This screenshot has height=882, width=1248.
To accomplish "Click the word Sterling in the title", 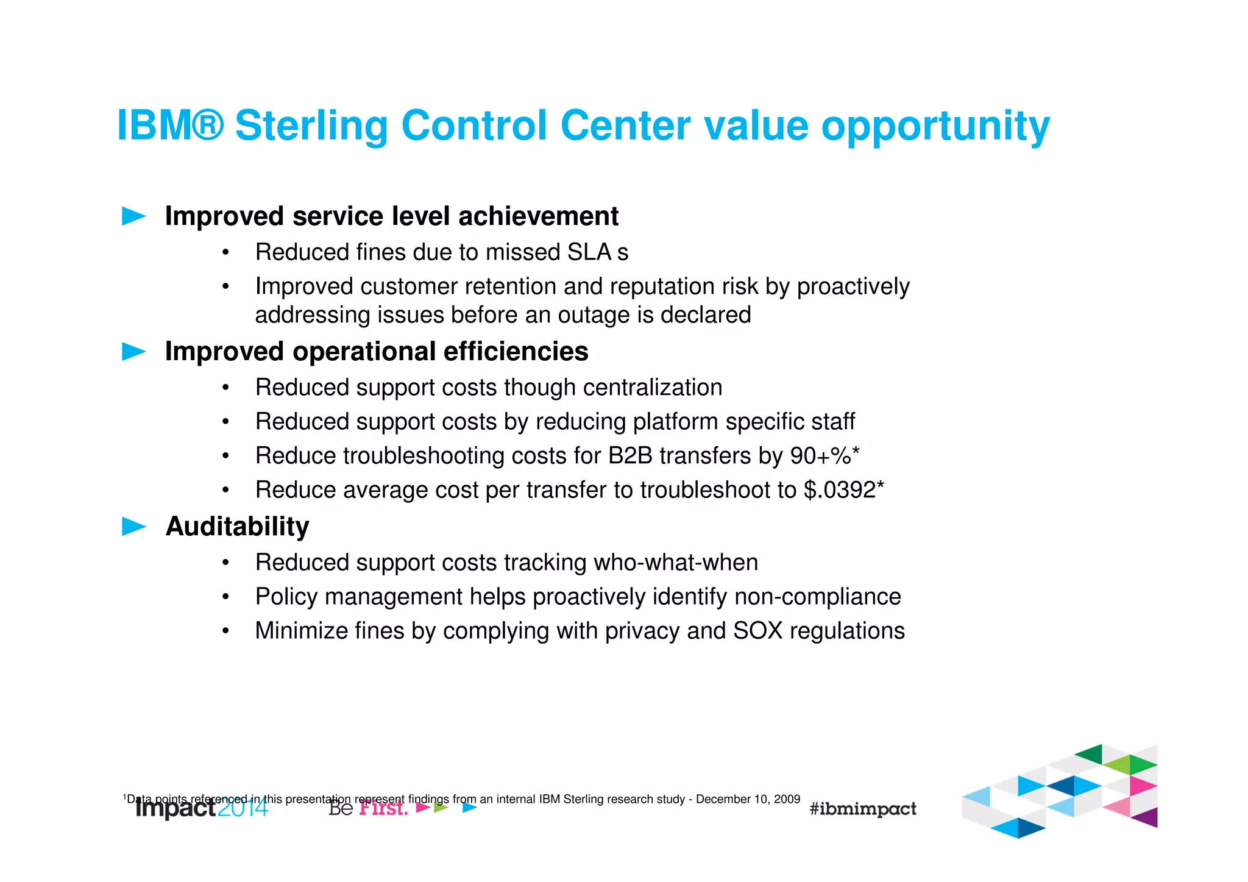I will coord(311,126).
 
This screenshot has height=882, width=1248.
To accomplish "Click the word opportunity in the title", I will coord(935,126).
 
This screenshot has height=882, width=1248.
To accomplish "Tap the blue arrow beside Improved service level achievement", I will coord(133,216).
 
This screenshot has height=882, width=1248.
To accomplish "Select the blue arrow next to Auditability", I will coord(133,527).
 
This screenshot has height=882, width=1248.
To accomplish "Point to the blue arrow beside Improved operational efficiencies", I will coord(133,352).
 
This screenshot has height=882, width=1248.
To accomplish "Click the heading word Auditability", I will coord(237,527).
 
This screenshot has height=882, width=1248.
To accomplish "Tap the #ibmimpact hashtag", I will coord(862,809).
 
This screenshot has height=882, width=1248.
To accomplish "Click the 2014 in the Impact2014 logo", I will coord(243,808).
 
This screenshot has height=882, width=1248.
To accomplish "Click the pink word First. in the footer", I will coord(383,809).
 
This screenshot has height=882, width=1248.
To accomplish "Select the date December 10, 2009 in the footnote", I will coord(748,799).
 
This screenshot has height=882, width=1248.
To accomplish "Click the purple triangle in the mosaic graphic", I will coord(1146,817).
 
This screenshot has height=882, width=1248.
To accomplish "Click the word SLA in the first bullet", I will coord(589,252).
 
